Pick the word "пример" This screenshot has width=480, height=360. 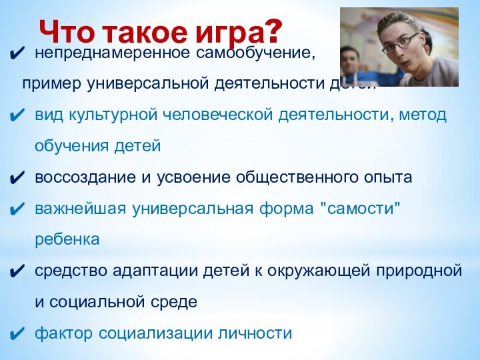(48, 85)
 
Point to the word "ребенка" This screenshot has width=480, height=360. (67, 239)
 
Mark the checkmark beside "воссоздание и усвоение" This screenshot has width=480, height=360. (19, 178)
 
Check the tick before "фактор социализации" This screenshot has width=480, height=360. (19, 333)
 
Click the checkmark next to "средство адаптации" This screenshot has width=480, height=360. (19, 271)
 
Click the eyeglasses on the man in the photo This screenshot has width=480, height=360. (400, 41)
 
